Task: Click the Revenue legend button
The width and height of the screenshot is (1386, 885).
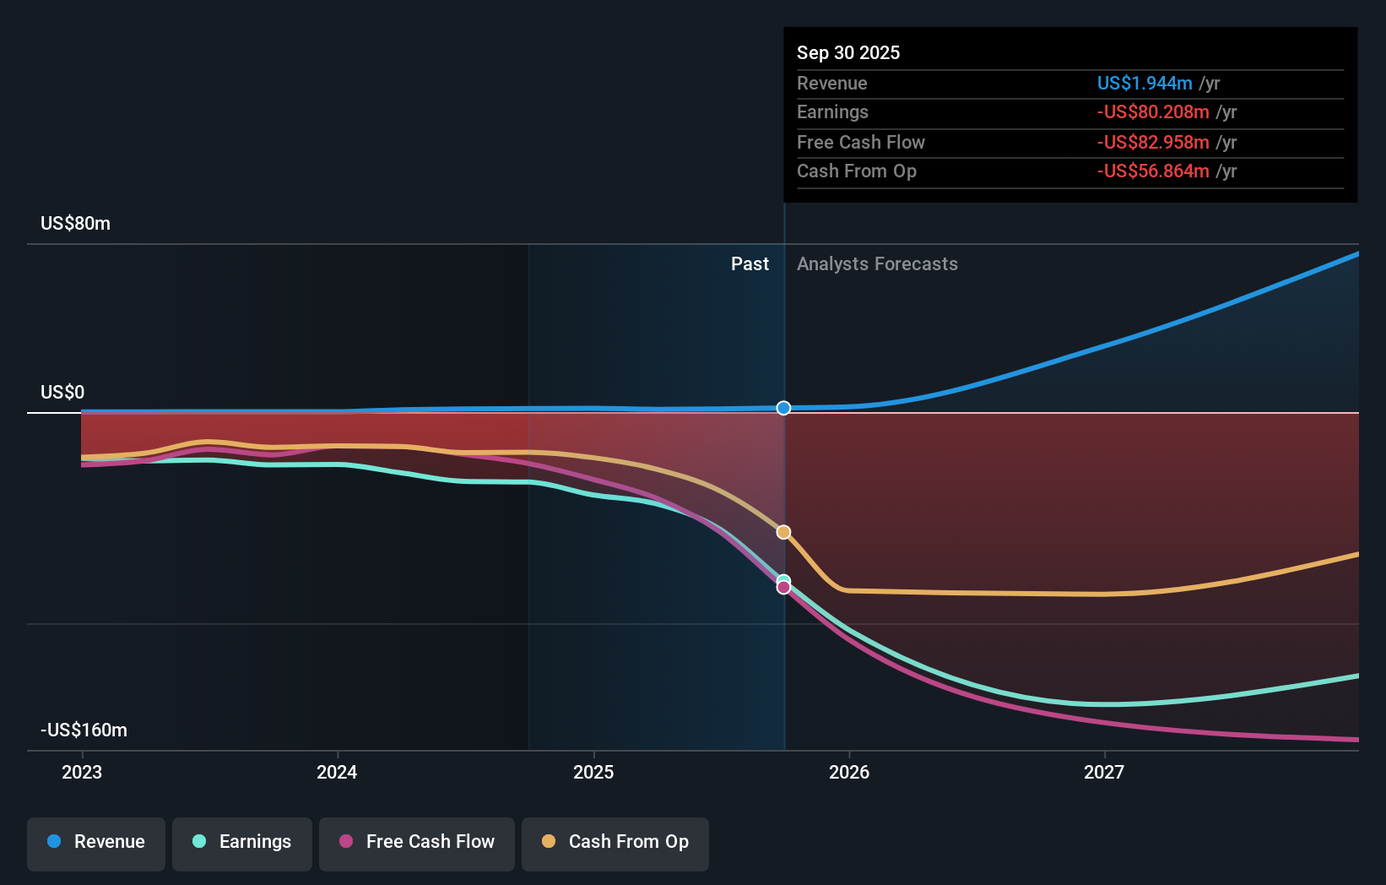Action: tap(96, 842)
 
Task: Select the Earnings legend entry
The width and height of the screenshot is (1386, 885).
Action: tap(242, 842)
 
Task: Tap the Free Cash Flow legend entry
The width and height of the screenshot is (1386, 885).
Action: tap(417, 842)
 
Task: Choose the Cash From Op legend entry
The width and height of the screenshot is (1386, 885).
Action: tap(615, 842)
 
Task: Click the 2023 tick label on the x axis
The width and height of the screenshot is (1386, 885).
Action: tap(82, 773)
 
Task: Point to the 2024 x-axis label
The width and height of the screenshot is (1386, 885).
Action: tap(337, 773)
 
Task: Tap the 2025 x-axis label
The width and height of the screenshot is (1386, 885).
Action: tap(593, 773)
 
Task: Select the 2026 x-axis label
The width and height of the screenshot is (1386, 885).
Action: tap(849, 773)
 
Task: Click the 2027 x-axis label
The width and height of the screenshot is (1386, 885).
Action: tap(1104, 773)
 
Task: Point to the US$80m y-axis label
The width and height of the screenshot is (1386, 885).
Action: tap(76, 224)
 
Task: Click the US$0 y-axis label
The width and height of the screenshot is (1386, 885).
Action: tap(62, 393)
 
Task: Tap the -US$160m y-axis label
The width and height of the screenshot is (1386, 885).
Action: tap(84, 730)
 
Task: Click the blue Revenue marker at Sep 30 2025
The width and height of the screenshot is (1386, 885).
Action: tap(783, 408)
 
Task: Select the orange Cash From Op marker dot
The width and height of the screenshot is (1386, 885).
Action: tap(783, 532)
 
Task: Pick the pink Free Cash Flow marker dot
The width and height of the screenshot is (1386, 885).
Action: tap(783, 588)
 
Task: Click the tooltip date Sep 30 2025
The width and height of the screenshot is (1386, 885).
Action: tap(848, 53)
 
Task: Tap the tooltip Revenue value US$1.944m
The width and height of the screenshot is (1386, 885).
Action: tap(1145, 84)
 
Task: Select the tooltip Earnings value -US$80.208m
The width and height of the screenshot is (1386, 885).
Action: tap(1153, 112)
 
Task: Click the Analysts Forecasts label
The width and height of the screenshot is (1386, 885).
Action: tap(877, 264)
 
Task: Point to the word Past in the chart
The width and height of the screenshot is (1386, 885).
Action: tap(750, 264)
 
